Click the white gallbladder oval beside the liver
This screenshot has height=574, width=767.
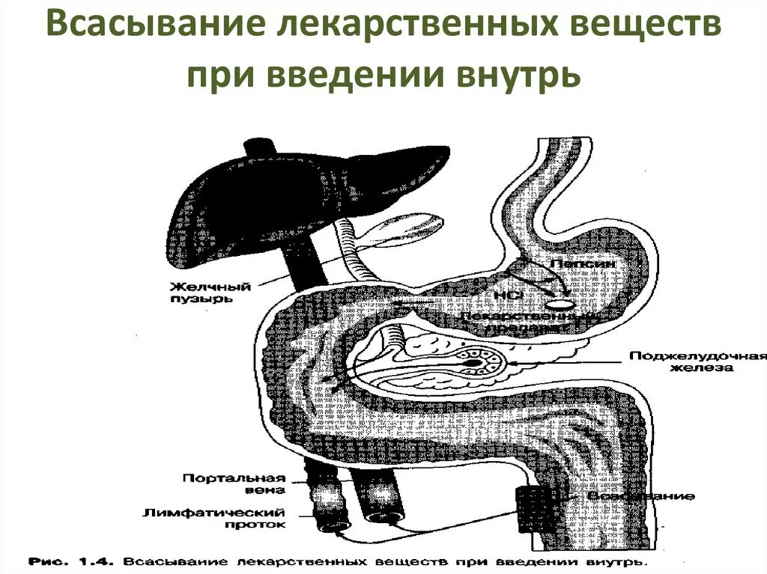[x=407, y=229]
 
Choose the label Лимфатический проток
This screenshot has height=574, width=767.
[x=225, y=518]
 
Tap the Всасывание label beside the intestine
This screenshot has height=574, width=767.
[x=640, y=496]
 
